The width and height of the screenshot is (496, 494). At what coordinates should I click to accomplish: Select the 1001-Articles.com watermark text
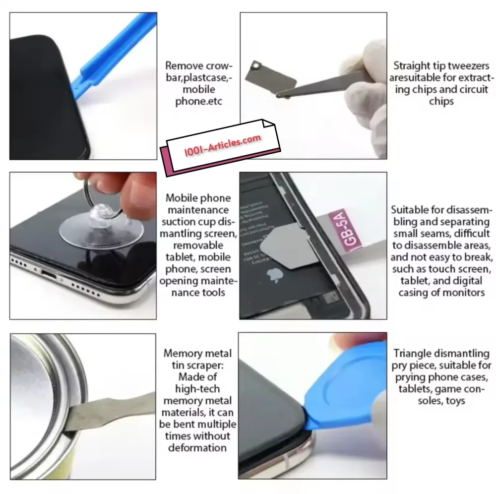point(223,145)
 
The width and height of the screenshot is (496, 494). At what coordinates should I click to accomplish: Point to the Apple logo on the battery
point(275,275)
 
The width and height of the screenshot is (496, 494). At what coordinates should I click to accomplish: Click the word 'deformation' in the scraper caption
point(197,448)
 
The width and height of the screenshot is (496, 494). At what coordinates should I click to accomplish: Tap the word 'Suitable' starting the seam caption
point(410,210)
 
